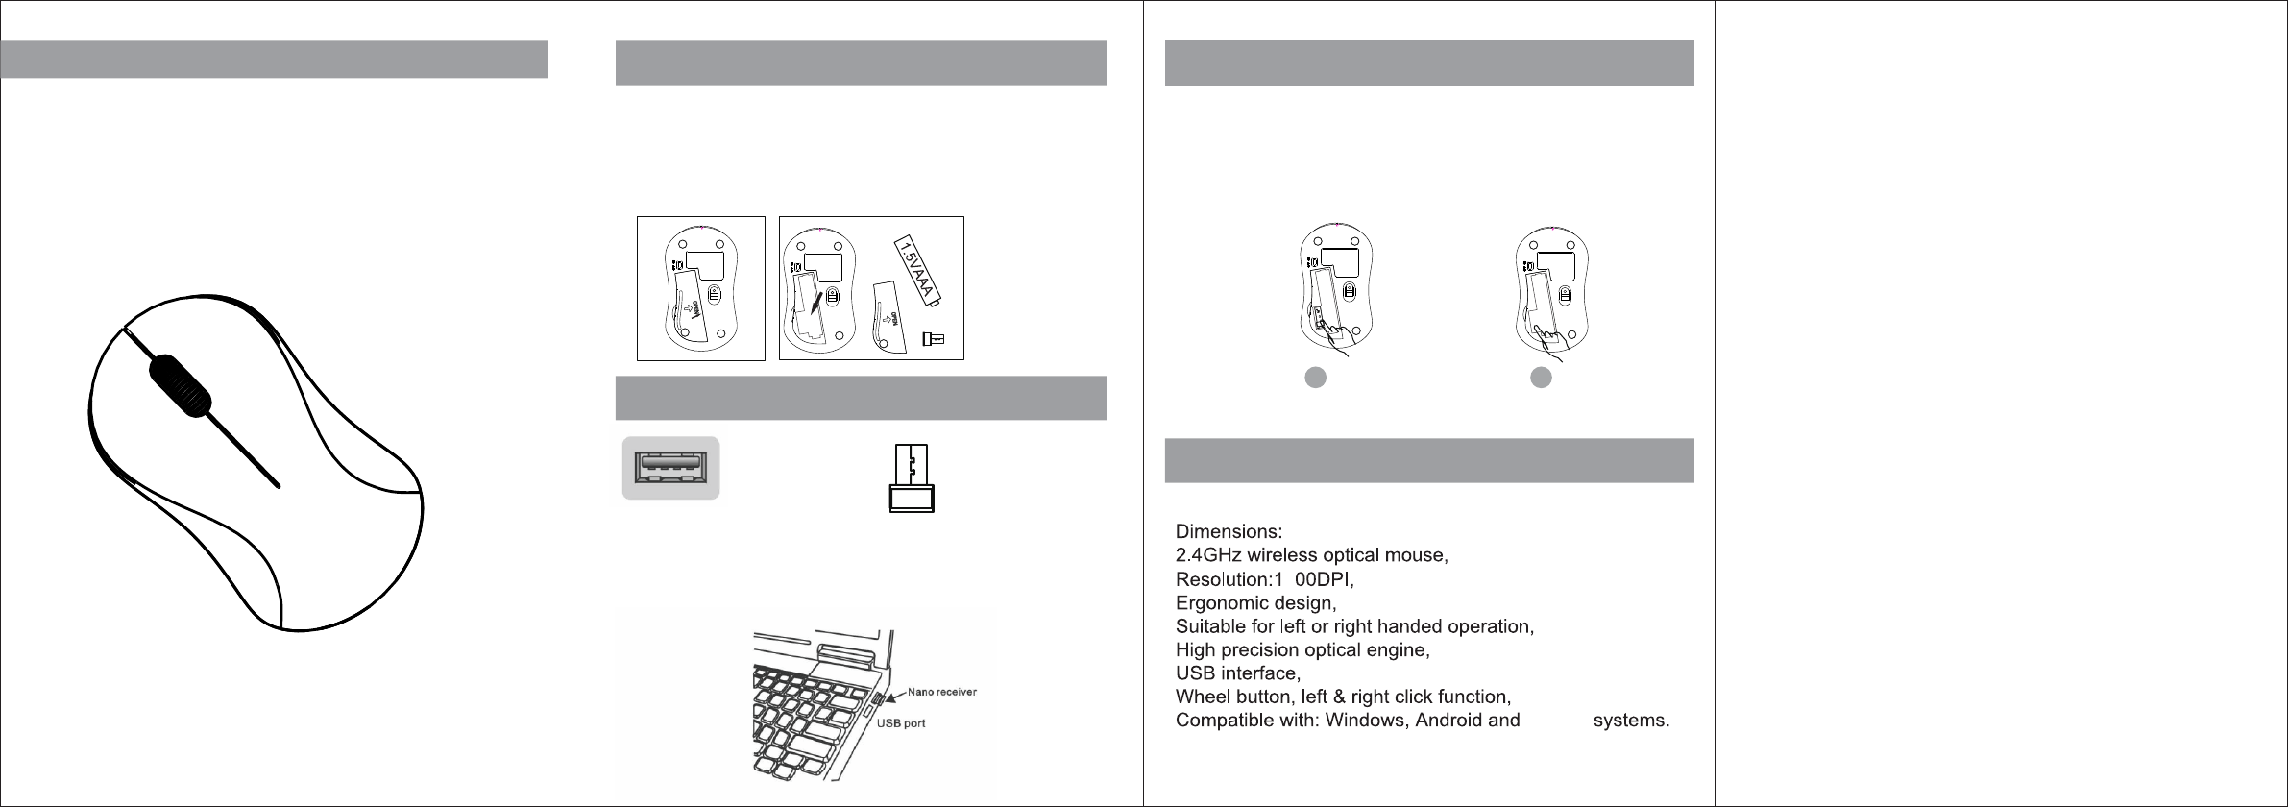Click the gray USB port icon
(x=670, y=468)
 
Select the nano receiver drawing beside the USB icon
(x=911, y=479)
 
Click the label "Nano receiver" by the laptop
(x=942, y=692)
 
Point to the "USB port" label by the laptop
(x=901, y=723)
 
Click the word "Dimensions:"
(x=1229, y=531)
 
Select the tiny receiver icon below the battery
(x=933, y=338)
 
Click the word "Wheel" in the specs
(x=1203, y=697)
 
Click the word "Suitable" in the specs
(x=1210, y=627)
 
